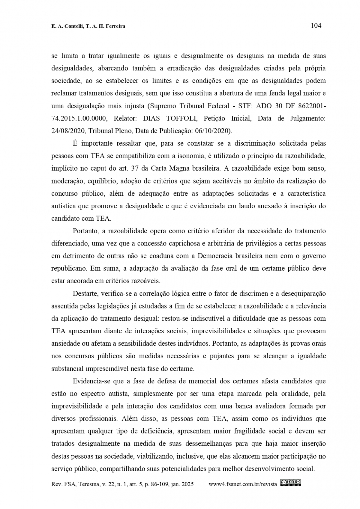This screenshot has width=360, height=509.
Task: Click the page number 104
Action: pos(316,25)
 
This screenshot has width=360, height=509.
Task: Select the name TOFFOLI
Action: pos(181,118)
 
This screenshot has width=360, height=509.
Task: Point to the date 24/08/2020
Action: pos(66,131)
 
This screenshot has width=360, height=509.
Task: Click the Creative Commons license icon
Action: pos(291,483)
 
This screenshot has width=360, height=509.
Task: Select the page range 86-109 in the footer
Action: pos(159,484)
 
